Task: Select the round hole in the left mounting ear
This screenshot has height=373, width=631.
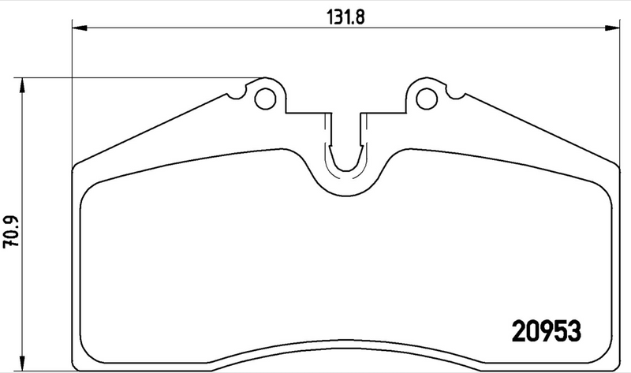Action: [267, 99]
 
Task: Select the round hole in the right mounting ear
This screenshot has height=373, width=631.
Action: [425, 99]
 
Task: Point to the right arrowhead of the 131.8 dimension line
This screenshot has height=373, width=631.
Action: [614, 29]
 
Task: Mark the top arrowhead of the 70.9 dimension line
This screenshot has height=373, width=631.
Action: [22, 83]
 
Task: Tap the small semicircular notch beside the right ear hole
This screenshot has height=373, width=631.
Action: [459, 97]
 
